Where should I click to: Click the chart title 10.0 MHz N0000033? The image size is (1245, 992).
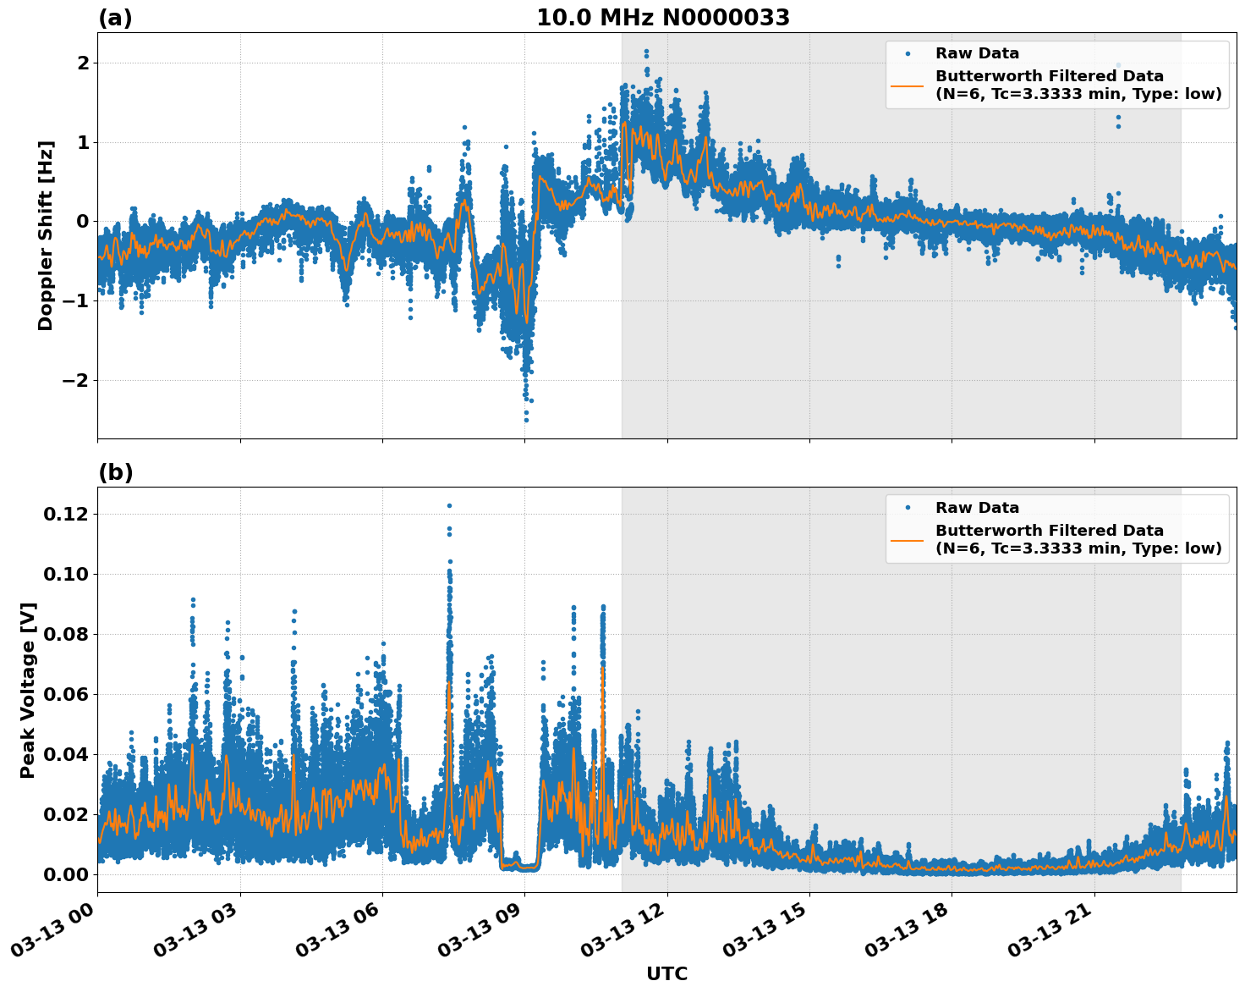click(662, 18)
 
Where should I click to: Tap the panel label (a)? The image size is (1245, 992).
click(115, 18)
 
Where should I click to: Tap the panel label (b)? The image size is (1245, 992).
click(115, 472)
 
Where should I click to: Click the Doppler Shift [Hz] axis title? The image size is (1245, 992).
click(46, 235)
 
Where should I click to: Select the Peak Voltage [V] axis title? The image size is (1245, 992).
click(28, 690)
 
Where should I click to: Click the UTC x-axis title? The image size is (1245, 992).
click(666, 973)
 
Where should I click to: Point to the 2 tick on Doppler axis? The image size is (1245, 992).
click(83, 63)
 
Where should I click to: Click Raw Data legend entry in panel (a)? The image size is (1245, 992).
click(977, 53)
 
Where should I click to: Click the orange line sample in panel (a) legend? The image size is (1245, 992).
click(907, 85)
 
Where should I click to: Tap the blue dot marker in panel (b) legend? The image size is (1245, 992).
click(907, 508)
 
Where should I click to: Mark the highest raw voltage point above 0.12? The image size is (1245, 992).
click(449, 505)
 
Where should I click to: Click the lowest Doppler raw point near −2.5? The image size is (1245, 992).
click(526, 420)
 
